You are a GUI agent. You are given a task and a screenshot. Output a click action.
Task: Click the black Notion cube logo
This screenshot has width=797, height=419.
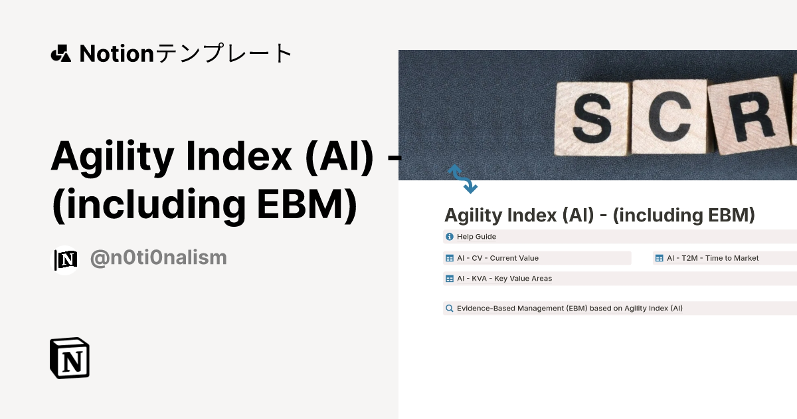coord(70,358)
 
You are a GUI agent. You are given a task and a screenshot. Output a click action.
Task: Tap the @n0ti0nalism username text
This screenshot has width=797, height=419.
coord(158,258)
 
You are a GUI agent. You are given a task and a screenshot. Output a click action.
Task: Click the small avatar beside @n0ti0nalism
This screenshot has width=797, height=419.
coord(66,260)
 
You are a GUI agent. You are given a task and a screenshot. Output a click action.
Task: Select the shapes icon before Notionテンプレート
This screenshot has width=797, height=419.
coord(60,53)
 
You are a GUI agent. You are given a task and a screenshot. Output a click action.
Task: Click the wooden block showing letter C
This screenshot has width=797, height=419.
coord(668,116)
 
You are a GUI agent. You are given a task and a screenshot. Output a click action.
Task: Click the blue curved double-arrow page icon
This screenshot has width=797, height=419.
coord(462,179)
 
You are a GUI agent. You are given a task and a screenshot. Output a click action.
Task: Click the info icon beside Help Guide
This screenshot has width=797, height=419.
coord(450,237)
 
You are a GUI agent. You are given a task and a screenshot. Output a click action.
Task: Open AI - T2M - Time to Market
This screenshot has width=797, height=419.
coord(712,258)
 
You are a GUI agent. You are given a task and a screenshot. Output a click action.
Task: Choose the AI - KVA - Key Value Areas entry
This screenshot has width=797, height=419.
coord(504,279)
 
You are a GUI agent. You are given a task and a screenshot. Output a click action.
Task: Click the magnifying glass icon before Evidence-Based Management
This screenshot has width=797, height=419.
coord(450,309)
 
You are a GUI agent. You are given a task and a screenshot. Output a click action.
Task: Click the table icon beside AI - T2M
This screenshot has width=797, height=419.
coord(659,258)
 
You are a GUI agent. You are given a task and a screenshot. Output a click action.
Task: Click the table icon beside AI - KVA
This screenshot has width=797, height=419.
coord(450,279)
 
